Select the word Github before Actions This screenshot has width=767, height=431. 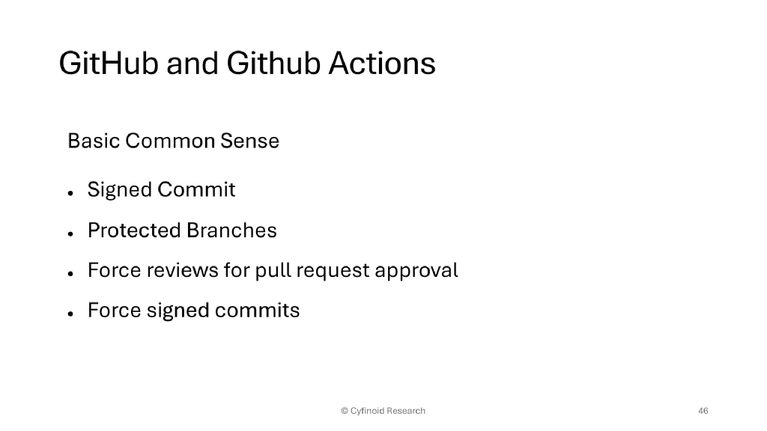273,64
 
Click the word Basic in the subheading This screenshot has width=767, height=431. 94,141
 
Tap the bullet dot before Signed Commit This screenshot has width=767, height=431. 70,192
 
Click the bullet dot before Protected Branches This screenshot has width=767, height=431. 70,233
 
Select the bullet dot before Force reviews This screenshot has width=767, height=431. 70,273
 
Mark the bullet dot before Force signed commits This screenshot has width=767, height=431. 70,314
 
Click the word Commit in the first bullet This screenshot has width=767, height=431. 197,190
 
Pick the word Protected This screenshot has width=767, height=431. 134,230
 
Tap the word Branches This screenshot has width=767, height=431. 232,230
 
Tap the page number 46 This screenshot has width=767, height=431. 703,411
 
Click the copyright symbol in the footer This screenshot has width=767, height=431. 345,411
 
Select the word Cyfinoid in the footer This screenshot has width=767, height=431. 367,411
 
